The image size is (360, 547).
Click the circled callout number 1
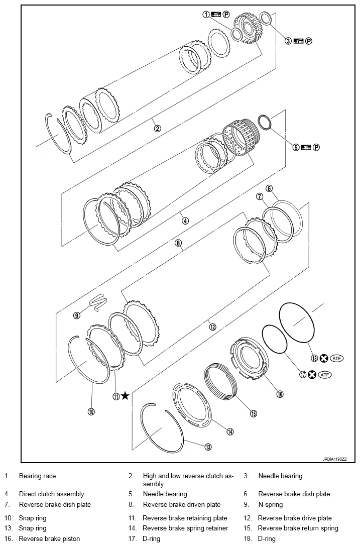pyautogui.click(x=206, y=15)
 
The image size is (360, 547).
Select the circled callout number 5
pyautogui.click(x=296, y=147)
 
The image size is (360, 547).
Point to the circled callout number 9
pyautogui.click(x=77, y=315)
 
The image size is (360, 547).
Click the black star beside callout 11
pyautogui.click(x=125, y=396)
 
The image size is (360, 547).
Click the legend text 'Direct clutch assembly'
pyautogui.click(x=51, y=494)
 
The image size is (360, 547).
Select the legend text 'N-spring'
pyautogui.click(x=271, y=504)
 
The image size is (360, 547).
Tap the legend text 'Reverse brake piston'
pyautogui.click(x=49, y=539)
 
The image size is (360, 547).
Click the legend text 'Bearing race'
pyautogui.click(x=38, y=476)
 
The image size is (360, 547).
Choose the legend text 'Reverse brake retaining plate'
pyautogui.click(x=185, y=518)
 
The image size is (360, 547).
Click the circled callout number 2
pyautogui.click(x=157, y=128)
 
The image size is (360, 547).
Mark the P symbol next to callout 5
pyautogui.click(x=316, y=147)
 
